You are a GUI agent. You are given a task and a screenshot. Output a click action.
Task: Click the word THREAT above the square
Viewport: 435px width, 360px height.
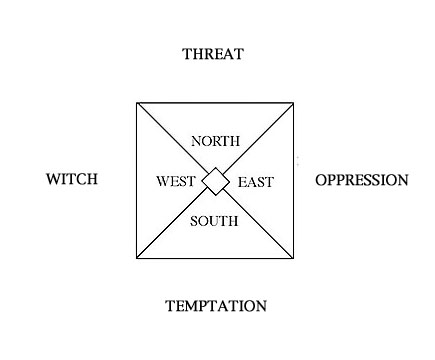pyautogui.click(x=213, y=54)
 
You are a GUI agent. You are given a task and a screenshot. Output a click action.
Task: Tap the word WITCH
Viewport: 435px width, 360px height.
pyautogui.click(x=71, y=180)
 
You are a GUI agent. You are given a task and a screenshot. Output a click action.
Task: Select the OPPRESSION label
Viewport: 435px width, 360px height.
pyautogui.click(x=362, y=181)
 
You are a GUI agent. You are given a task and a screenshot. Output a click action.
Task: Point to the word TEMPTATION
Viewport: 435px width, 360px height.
pyautogui.click(x=216, y=306)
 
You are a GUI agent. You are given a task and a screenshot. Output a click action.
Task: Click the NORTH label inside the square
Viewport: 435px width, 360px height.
pyautogui.click(x=215, y=142)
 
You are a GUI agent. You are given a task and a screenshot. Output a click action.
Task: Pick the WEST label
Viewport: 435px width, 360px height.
pyautogui.click(x=177, y=182)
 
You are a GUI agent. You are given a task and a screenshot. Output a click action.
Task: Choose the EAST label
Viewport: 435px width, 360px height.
pyautogui.click(x=255, y=182)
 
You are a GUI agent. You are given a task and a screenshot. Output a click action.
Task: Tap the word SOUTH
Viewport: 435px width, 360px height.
pyautogui.click(x=214, y=220)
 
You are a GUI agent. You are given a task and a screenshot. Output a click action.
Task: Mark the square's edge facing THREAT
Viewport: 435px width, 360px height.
pyautogui.click(x=215, y=102)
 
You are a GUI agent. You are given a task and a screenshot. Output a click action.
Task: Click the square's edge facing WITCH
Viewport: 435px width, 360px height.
pyautogui.click(x=136, y=180)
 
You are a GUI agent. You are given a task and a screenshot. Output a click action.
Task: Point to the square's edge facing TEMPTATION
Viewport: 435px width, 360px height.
pyautogui.click(x=215, y=259)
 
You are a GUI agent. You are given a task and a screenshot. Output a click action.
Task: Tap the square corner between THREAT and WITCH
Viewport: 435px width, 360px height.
pyautogui.click(x=136, y=102)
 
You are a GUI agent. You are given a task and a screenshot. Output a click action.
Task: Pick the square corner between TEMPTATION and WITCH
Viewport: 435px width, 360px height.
pyautogui.click(x=136, y=259)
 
